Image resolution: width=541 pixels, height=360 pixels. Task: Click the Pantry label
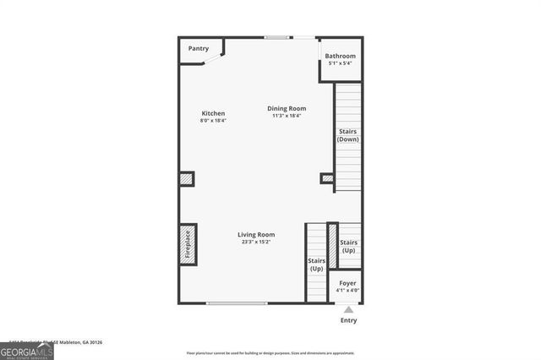(x=198, y=49)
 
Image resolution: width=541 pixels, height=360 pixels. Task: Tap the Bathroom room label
(x=342, y=57)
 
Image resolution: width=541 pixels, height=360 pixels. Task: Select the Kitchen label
(x=213, y=113)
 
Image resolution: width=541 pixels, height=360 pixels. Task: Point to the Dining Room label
(x=287, y=108)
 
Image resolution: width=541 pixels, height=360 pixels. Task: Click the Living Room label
(x=256, y=235)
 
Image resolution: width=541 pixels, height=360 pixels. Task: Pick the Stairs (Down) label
(x=348, y=135)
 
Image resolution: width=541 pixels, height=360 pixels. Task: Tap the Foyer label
(x=347, y=283)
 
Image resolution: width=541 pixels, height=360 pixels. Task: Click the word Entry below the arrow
(x=348, y=320)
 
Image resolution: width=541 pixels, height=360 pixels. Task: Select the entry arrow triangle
(x=348, y=309)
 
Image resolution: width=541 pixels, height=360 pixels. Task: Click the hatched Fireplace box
(x=188, y=245)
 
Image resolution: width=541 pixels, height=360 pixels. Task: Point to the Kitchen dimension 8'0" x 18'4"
(x=213, y=121)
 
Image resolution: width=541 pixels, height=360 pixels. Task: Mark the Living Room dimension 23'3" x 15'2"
(x=256, y=243)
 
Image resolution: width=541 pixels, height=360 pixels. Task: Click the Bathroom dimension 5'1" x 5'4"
(x=342, y=64)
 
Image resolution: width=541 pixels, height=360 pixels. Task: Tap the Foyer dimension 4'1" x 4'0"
(x=347, y=291)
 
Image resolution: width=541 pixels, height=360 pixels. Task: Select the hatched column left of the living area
(x=187, y=179)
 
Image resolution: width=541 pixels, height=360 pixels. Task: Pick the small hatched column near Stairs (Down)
(x=327, y=177)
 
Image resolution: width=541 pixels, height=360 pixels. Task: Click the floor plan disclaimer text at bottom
(x=270, y=352)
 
